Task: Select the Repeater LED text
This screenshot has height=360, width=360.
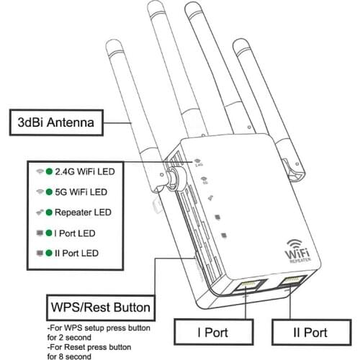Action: tap(83, 212)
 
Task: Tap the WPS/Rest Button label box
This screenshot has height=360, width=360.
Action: tap(99, 309)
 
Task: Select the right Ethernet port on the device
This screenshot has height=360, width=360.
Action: tap(293, 282)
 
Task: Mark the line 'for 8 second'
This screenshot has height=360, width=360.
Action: tap(71, 355)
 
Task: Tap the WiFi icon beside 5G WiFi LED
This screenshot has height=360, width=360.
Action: tap(39, 192)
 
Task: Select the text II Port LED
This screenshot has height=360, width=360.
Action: tap(80, 253)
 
